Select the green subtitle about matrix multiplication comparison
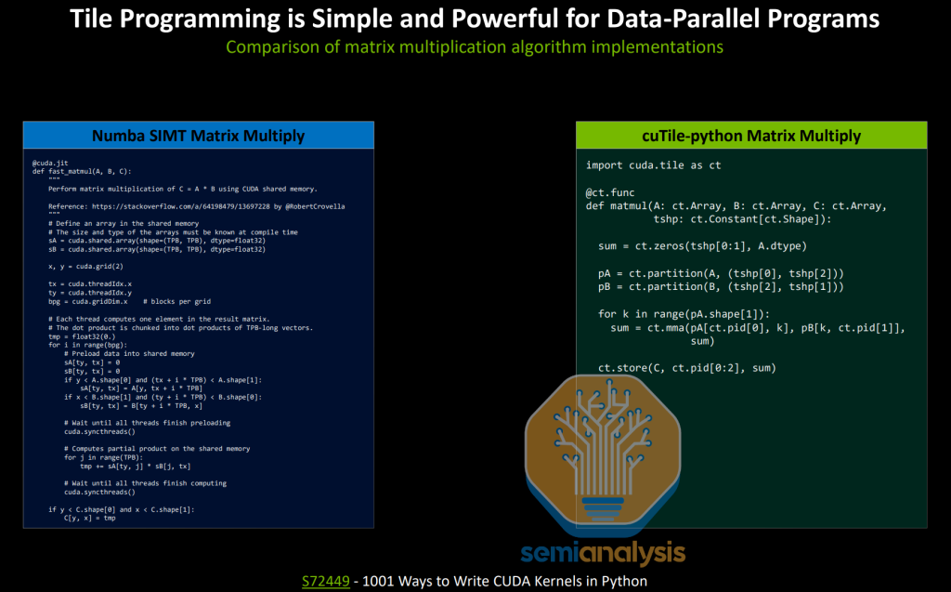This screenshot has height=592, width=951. pyautogui.click(x=475, y=46)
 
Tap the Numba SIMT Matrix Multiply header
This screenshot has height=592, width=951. pyautogui.click(x=198, y=136)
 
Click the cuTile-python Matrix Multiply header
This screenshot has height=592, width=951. pyautogui.click(x=751, y=136)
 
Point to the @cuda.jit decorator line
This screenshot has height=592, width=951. pyautogui.click(x=51, y=163)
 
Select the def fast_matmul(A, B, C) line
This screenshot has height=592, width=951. pyautogui.click(x=82, y=171)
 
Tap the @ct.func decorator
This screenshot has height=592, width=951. pyautogui.click(x=609, y=192)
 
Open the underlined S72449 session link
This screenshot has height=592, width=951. pyautogui.click(x=324, y=581)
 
